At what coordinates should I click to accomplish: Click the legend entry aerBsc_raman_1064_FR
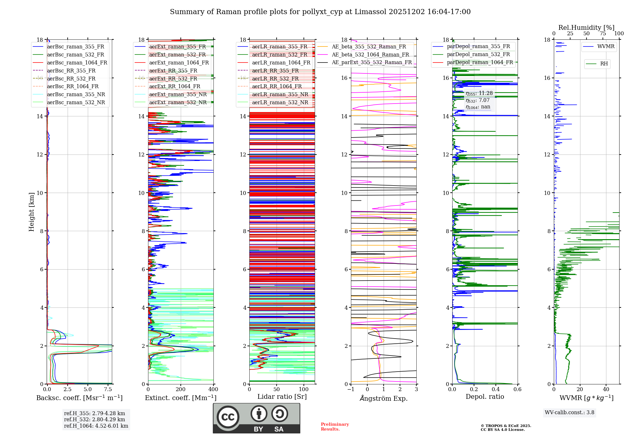[x=77, y=63]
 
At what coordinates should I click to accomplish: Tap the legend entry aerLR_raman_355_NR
[x=280, y=95]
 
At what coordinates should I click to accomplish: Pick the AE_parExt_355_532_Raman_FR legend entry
[x=371, y=63]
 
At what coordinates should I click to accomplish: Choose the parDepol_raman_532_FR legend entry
[x=478, y=55]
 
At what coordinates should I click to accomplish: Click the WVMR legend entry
[x=606, y=46]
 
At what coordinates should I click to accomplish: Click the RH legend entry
[x=604, y=64]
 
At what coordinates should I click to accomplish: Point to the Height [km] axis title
[x=31, y=212]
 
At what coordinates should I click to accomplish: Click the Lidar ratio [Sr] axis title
[x=282, y=397]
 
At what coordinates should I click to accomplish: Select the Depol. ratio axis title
[x=485, y=397]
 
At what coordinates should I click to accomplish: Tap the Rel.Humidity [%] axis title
[x=586, y=28]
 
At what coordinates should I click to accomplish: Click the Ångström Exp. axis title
[x=384, y=398]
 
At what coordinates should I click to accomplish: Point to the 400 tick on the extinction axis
[x=213, y=390]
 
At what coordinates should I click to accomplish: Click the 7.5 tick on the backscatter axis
[x=108, y=390]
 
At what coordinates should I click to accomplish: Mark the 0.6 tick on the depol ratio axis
[x=517, y=390]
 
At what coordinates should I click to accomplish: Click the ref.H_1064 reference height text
[x=96, y=426]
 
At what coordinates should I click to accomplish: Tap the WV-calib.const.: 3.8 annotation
[x=570, y=413]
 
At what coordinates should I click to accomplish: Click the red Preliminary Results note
[x=335, y=427]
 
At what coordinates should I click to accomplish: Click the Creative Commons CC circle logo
[x=228, y=417]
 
